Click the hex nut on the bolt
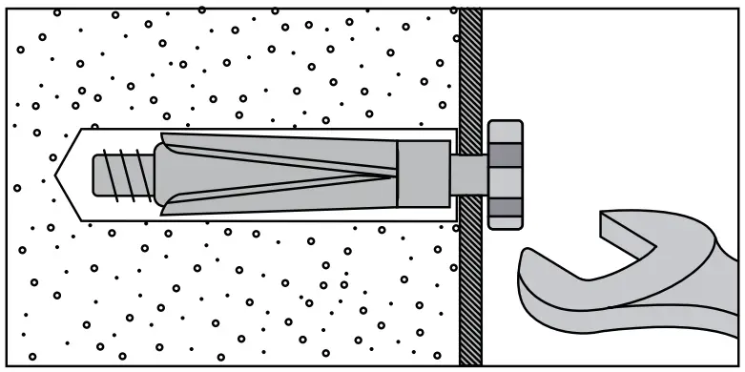506,174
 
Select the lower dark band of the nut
506,206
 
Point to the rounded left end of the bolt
98,175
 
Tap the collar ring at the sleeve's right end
423,174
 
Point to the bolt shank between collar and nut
468,174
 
